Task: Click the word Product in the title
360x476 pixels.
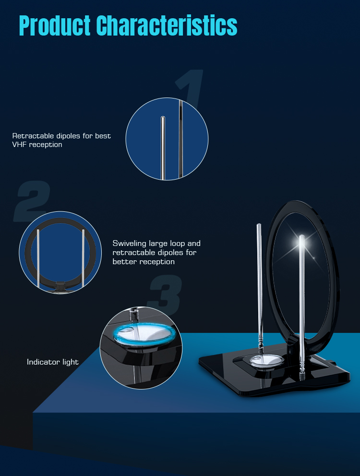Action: coord(55,25)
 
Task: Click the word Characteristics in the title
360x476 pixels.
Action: coord(167,25)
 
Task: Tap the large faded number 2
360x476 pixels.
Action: coord(32,201)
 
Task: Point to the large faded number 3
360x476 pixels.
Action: coord(165,294)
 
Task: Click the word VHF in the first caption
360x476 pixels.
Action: coord(19,145)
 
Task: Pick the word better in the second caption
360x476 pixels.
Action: coord(123,262)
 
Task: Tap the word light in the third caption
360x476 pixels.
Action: coord(71,362)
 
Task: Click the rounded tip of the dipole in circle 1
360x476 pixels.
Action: coord(163,118)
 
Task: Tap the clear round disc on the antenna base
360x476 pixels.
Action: coord(267,360)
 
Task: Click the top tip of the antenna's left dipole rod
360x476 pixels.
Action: coord(259,225)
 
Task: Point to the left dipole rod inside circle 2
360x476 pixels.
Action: coord(38,258)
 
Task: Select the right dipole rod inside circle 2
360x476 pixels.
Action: coord(83,258)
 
